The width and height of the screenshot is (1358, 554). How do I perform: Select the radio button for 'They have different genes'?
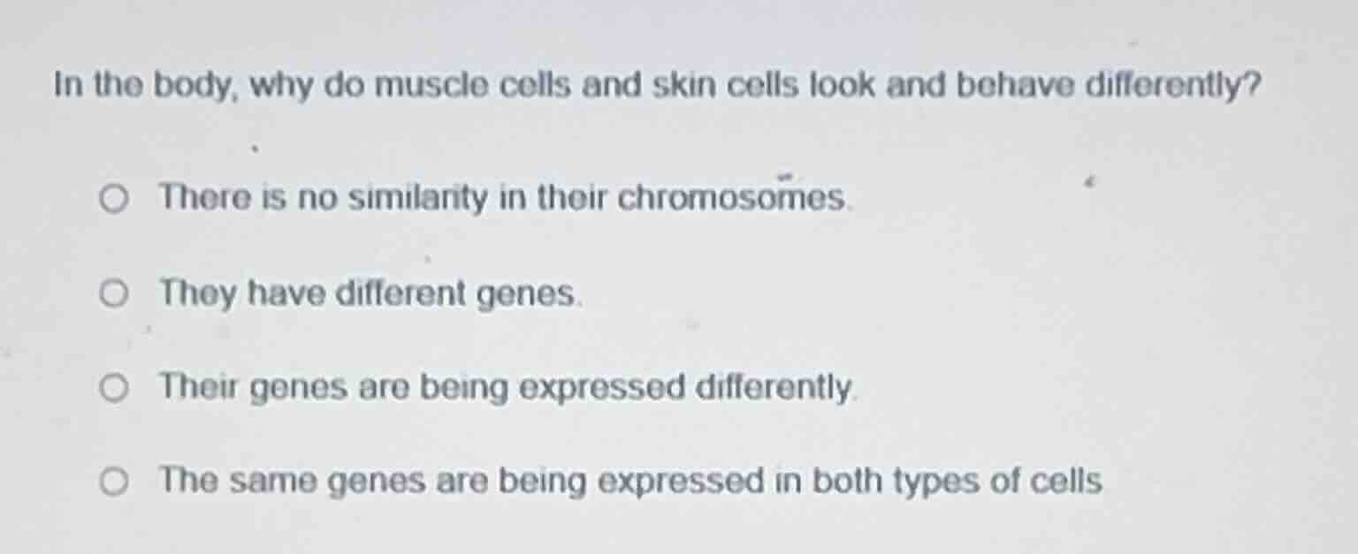[113, 293]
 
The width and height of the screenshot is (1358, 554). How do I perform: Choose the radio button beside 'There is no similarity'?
[113, 200]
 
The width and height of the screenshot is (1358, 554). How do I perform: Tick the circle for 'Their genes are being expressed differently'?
[113, 388]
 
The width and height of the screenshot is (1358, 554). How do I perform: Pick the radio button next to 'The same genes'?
[113, 482]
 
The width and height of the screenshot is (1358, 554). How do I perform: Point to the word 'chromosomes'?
[731, 198]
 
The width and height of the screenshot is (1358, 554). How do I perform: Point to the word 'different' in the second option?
[401, 292]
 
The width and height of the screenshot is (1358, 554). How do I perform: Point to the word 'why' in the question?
[282, 87]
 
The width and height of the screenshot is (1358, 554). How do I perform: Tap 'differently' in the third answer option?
[774, 388]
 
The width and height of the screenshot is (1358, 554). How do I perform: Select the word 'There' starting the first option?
[205, 198]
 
